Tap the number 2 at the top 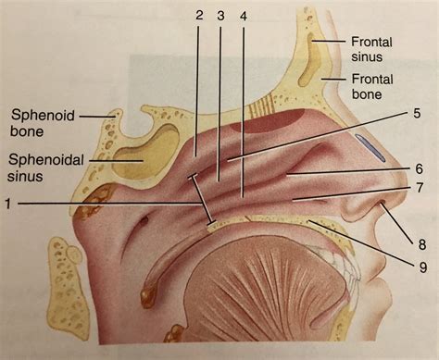pos(199,16)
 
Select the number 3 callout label pos(221,16)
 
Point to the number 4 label pos(244,16)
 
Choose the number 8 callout pos(421,244)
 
